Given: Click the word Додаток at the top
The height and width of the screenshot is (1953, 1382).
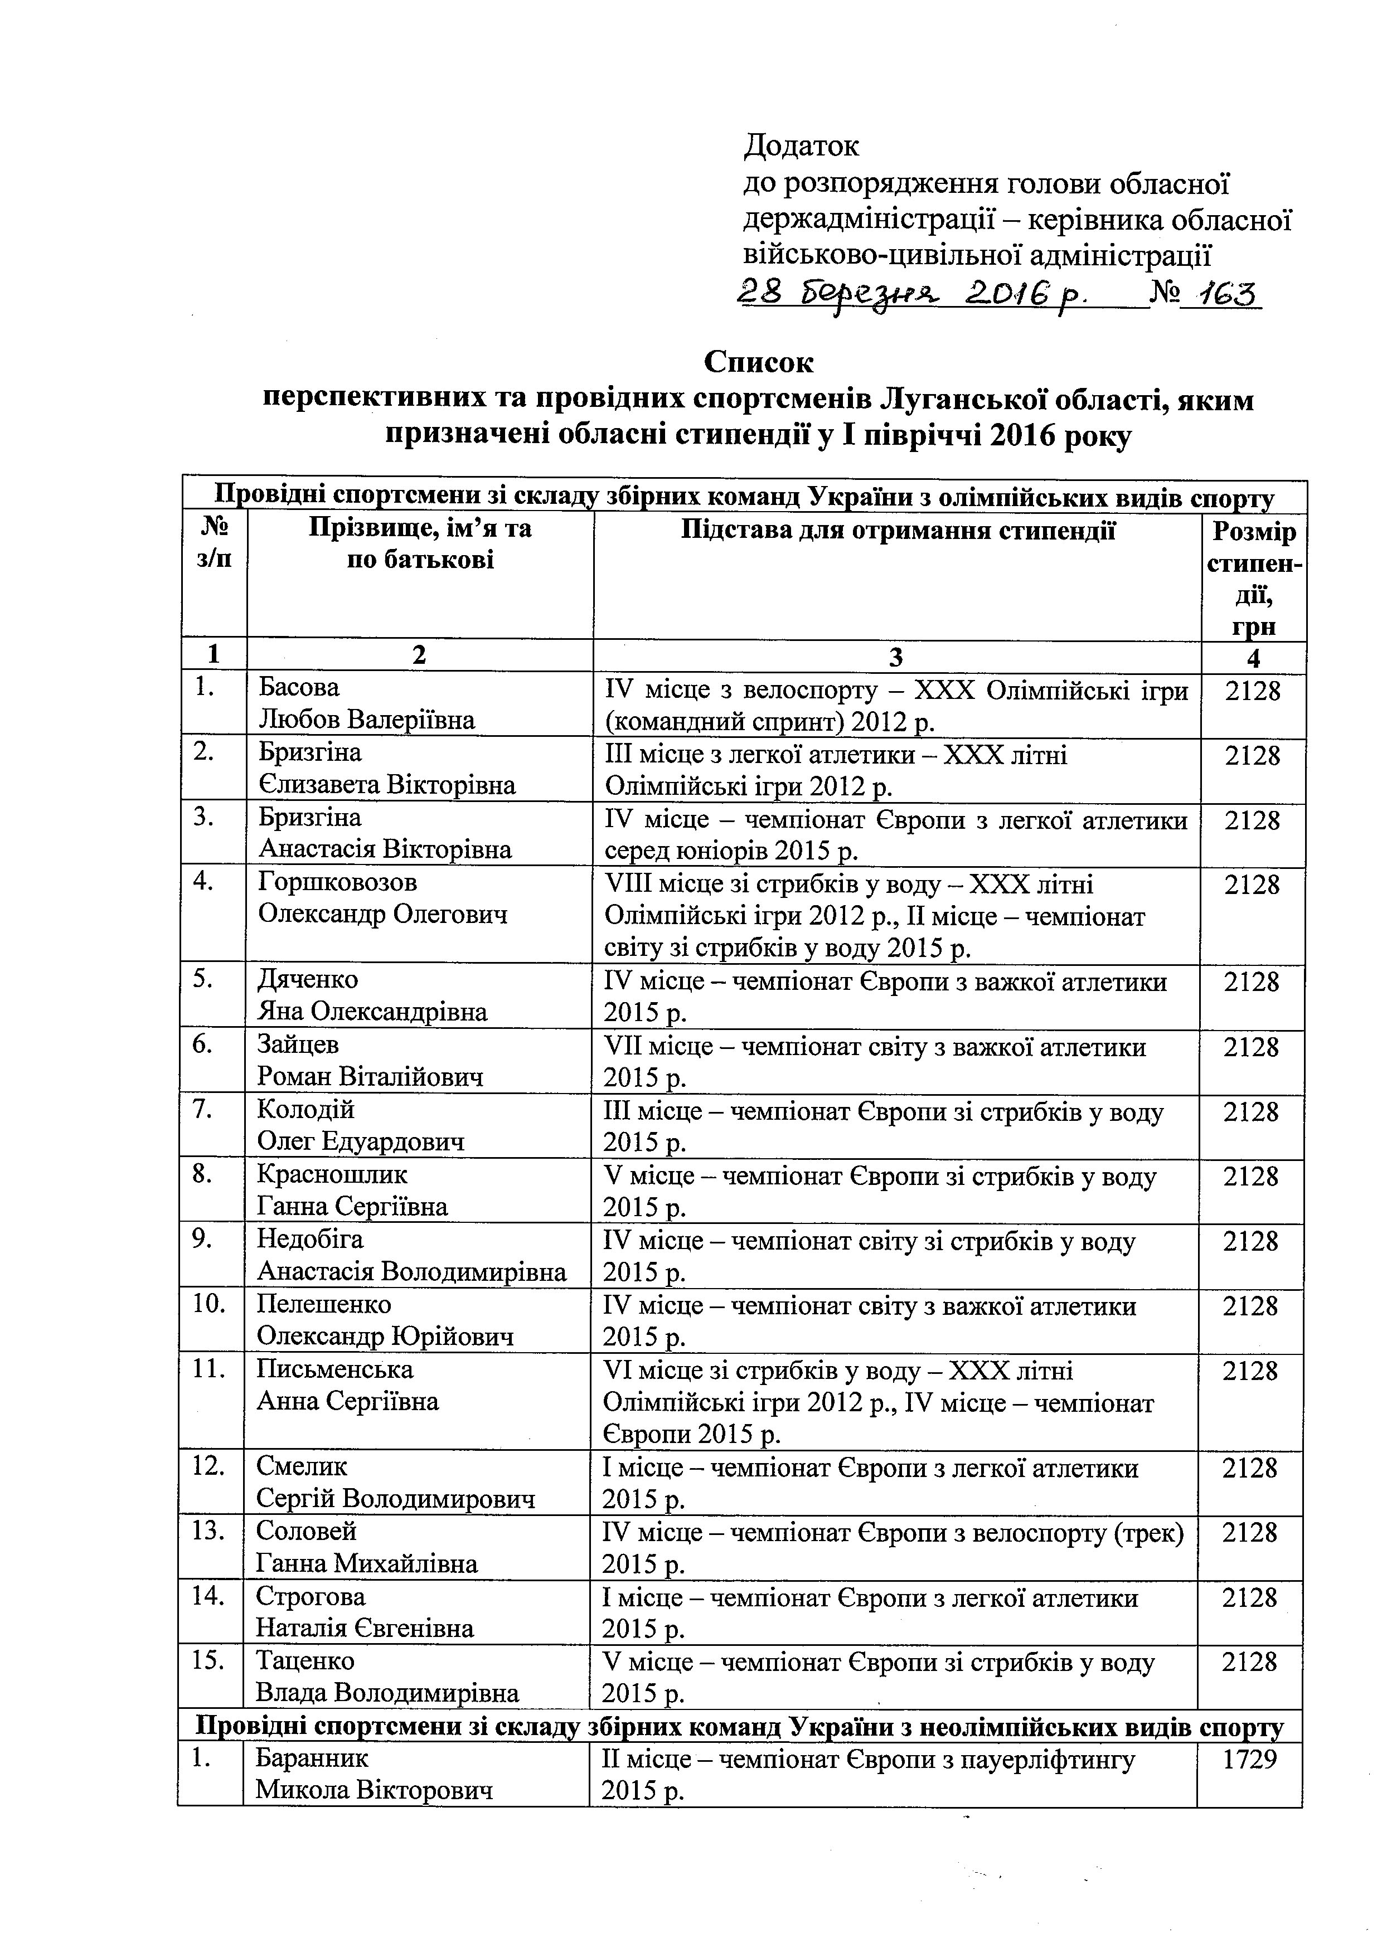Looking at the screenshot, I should (802, 146).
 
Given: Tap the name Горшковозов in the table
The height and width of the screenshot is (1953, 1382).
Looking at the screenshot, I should (338, 882).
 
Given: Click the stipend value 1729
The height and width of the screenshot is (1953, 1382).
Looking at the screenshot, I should (1249, 1759).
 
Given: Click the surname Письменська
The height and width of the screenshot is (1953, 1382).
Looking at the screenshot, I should (335, 1369).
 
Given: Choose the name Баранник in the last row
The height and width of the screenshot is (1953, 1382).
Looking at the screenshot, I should (312, 1758).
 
